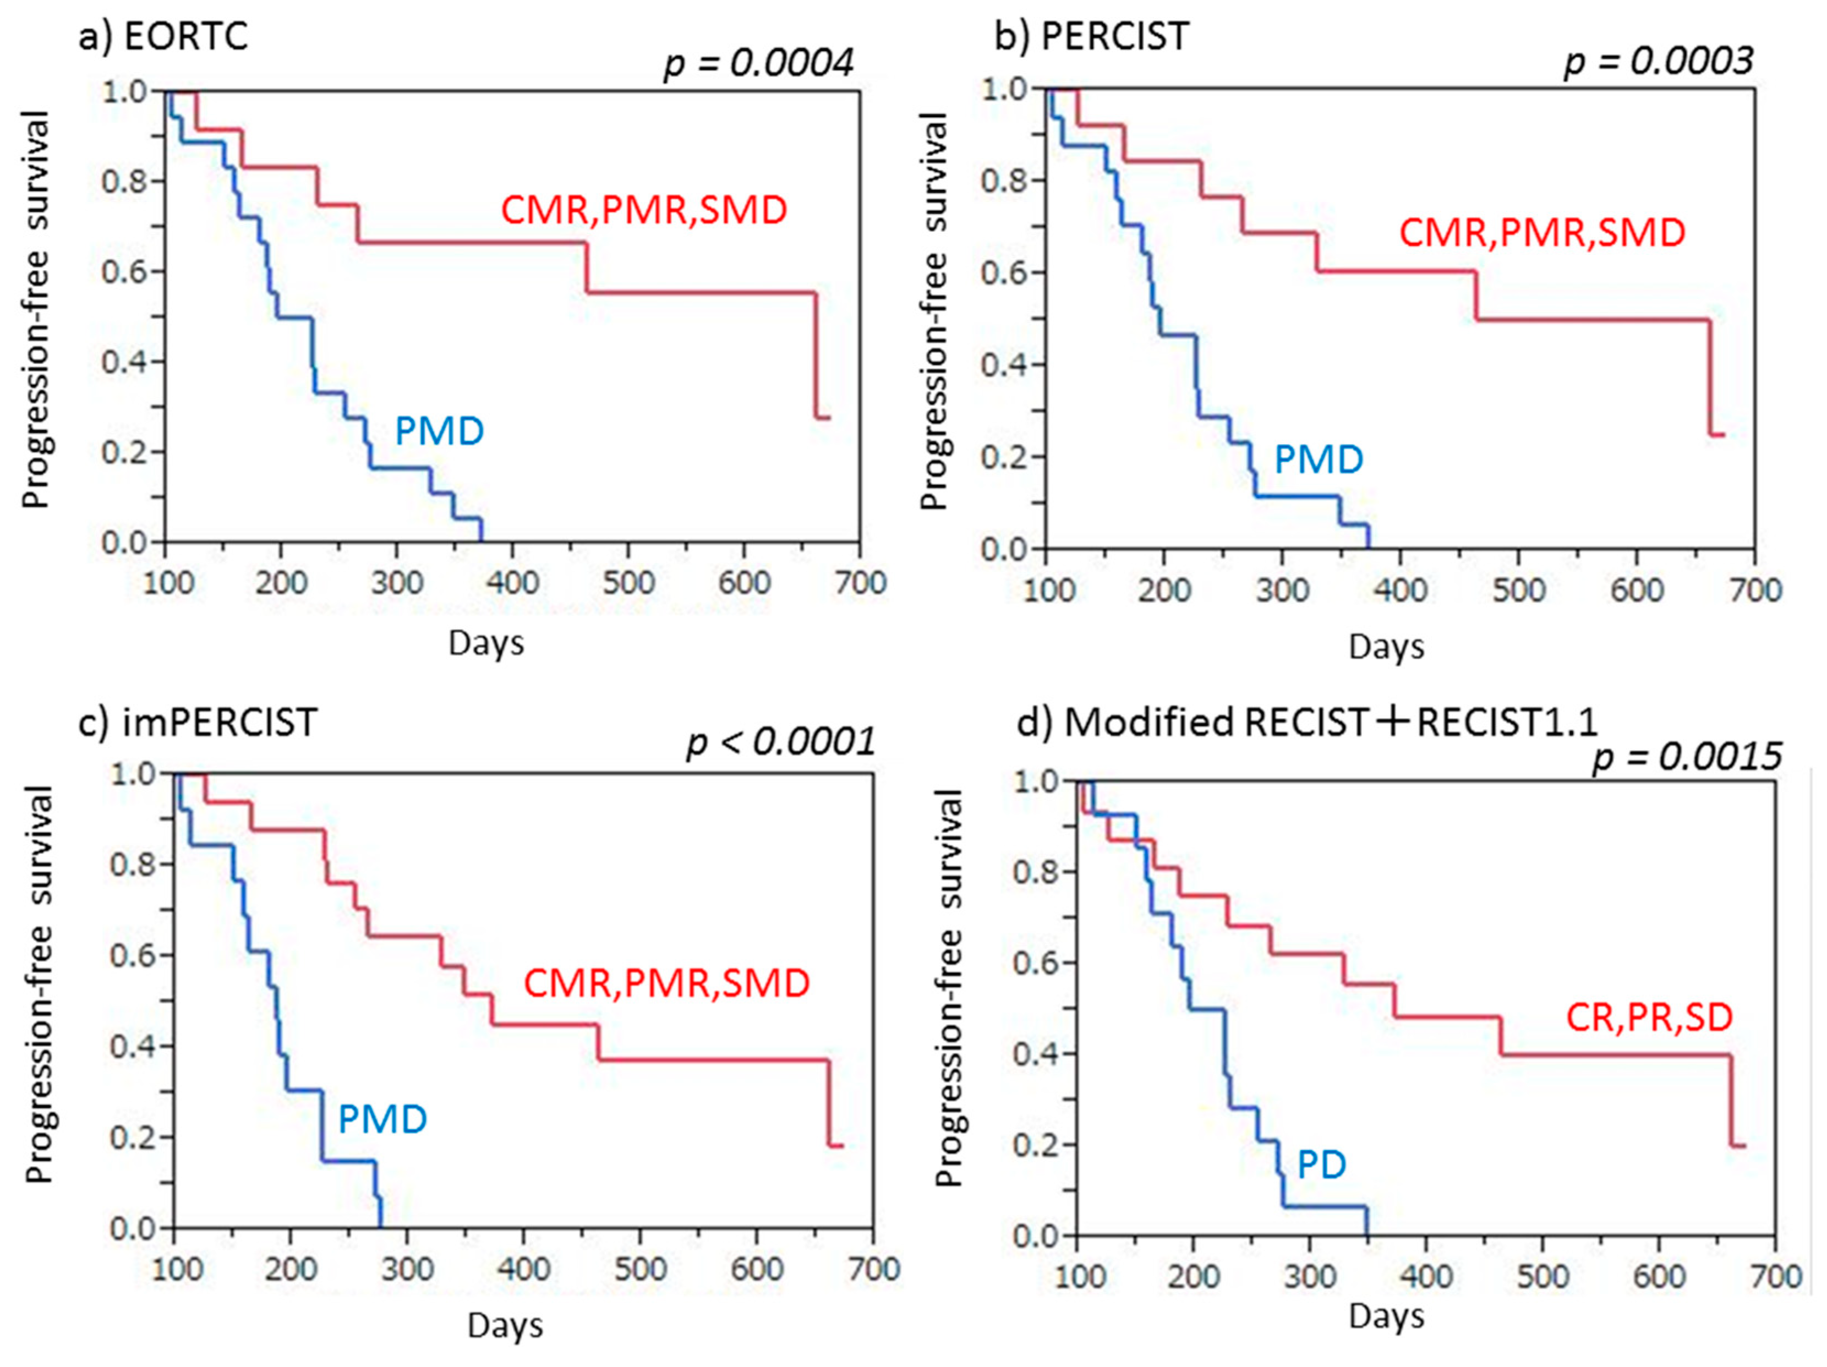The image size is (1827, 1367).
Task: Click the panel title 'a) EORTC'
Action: (x=163, y=36)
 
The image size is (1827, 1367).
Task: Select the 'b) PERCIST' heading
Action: (x=1091, y=36)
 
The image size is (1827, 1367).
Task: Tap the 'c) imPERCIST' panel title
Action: (x=198, y=723)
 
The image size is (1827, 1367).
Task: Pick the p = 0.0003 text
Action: (x=1659, y=61)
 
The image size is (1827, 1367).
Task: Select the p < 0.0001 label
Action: (x=780, y=742)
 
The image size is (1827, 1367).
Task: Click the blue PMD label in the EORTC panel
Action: (x=439, y=431)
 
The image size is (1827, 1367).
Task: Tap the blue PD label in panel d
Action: (x=1321, y=1164)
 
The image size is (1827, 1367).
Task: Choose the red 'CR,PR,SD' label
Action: (x=1649, y=1017)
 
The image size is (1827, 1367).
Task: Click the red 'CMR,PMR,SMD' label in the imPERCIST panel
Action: (x=666, y=983)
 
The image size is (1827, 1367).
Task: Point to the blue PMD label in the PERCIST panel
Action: (x=1319, y=460)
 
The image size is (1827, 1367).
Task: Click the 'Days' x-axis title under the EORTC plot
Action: (x=486, y=643)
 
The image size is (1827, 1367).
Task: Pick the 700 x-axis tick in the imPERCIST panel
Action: (x=874, y=1268)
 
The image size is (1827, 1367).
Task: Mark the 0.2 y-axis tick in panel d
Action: (x=1036, y=1144)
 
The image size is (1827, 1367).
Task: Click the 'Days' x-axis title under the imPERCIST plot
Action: (x=505, y=1326)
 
